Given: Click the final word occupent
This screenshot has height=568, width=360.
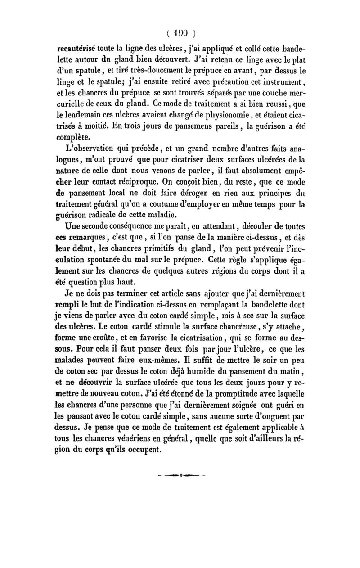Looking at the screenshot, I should pos(150,453).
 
